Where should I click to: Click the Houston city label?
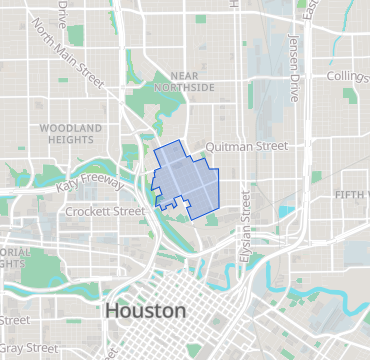145,311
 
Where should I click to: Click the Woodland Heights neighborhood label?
70,135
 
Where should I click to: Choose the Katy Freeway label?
90,184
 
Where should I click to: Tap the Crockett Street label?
104,212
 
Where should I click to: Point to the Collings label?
348,77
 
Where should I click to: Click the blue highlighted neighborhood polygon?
185,177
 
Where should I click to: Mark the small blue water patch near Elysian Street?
288,212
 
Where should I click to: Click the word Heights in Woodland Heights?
70,141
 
